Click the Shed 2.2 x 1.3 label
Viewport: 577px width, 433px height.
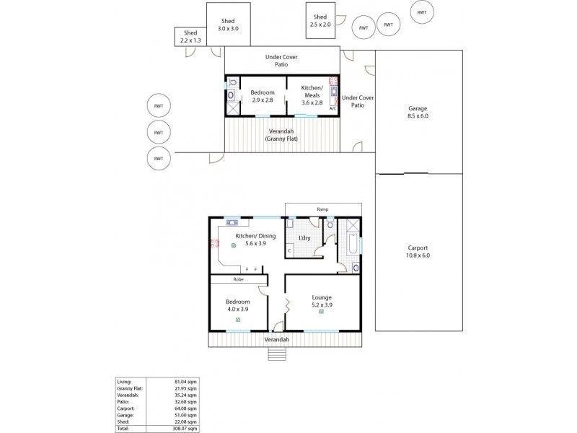190,37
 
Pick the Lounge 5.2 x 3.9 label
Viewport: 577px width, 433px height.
322,301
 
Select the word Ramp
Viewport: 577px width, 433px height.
322,209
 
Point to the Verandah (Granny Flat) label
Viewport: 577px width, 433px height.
282,135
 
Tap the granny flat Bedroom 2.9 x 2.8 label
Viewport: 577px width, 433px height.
262,96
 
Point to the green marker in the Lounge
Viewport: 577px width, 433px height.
321,312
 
